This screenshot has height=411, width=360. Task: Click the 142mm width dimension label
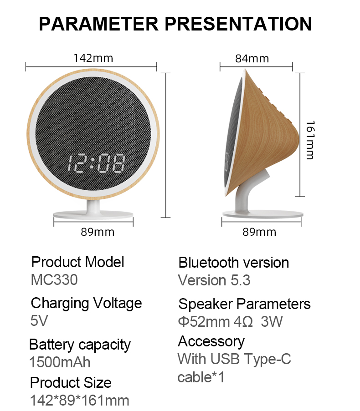pos(93,58)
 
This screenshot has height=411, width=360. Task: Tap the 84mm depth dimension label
pos(252,58)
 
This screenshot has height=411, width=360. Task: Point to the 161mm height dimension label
pos(310,140)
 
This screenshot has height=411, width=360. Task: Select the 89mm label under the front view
pos(98,232)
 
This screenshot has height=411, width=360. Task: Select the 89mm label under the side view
pos(259,232)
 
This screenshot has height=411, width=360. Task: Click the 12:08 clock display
pos(96,163)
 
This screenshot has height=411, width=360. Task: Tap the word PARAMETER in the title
pos(99,24)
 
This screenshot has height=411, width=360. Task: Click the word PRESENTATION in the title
pos(238,24)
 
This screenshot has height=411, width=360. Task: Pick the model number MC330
pos(54,279)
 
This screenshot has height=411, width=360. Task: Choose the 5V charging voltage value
pos(39,320)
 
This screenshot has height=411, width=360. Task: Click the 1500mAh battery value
pos(60,362)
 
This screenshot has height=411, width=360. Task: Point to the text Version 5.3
pos(214,280)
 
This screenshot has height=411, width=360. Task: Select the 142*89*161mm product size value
pos(80,401)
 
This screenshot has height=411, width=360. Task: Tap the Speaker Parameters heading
pos(244,304)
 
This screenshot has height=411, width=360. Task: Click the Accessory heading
pos(211,342)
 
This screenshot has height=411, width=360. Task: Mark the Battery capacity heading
pos(80,345)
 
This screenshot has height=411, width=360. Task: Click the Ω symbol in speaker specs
pos(247,321)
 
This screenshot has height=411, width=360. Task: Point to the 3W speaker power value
pos(272,321)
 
